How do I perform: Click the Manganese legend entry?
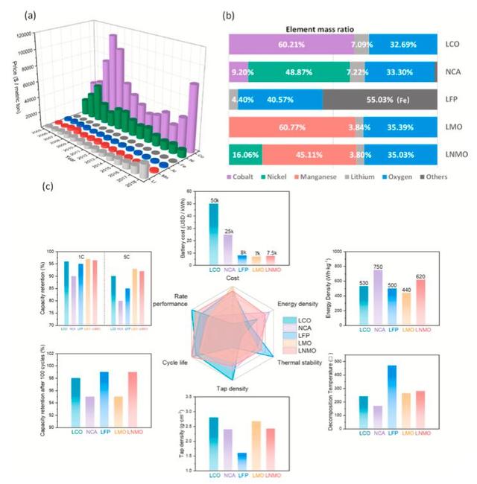coord(329,179)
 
